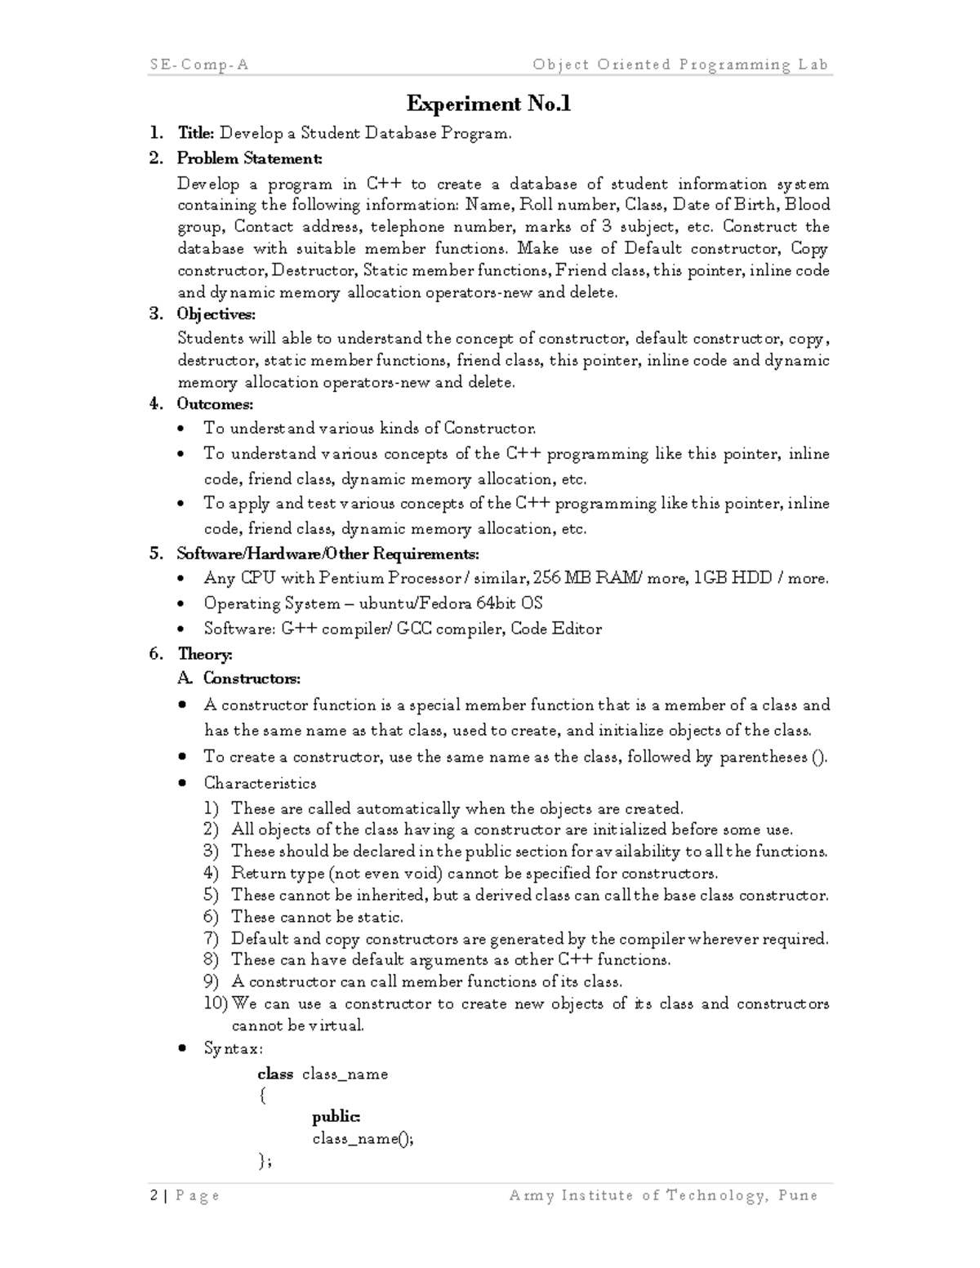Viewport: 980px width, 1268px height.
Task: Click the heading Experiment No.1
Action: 488,104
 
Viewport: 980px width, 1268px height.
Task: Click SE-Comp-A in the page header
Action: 199,65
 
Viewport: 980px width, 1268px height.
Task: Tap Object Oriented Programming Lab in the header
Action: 680,65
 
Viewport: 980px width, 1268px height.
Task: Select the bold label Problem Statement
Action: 250,158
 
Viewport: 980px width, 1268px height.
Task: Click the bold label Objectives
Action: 216,314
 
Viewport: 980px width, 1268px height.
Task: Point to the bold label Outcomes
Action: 215,404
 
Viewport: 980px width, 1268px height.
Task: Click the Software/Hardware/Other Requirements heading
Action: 327,554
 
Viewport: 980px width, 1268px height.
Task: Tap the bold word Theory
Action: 205,654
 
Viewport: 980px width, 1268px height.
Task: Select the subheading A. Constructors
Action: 238,678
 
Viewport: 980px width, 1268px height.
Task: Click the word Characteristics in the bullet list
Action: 260,783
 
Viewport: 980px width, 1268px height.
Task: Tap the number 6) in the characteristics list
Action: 212,917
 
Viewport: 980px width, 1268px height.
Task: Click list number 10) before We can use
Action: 216,1004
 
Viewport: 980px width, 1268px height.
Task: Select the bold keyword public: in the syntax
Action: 336,1116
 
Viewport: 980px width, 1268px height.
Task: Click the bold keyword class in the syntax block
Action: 275,1074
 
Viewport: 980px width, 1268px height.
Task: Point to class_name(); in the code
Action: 363,1138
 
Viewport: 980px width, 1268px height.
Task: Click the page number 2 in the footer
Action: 154,1196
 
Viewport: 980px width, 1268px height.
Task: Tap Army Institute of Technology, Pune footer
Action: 662,1196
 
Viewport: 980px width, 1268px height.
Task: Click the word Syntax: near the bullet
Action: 233,1048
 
